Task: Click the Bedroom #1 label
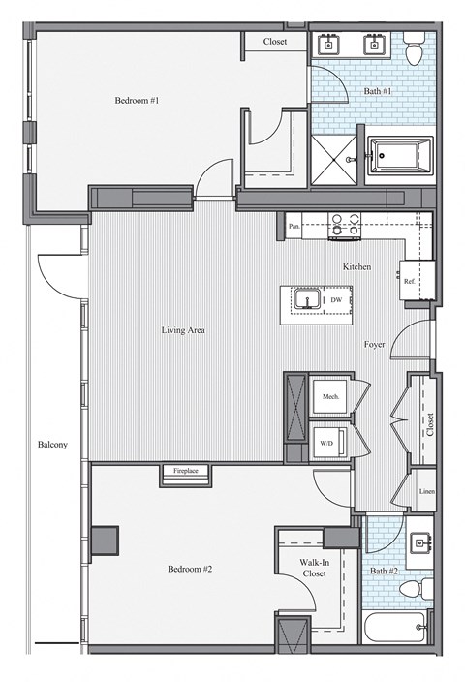click(137, 100)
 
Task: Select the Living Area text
click(183, 330)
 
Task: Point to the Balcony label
click(51, 445)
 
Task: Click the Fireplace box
click(185, 471)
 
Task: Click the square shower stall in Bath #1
click(334, 156)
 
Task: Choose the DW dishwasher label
click(335, 301)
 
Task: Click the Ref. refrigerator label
click(410, 282)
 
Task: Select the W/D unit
click(325, 445)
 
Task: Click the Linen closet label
click(427, 491)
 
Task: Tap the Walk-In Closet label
click(312, 568)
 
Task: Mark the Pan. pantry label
click(294, 227)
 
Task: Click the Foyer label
click(375, 345)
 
